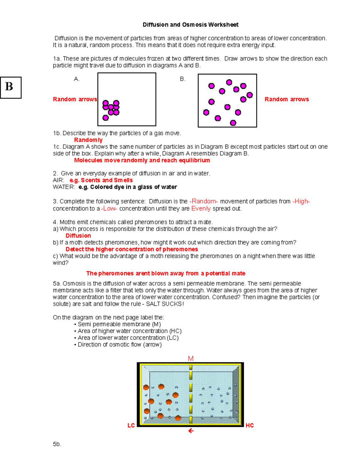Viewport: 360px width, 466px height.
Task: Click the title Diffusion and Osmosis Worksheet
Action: point(190,25)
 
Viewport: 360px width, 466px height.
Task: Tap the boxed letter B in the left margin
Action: point(10,87)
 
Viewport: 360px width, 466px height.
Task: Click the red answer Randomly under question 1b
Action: point(88,140)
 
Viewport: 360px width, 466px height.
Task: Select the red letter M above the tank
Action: point(191,359)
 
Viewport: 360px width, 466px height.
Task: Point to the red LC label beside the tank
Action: point(131,425)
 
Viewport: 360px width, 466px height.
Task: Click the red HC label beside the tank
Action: point(250,425)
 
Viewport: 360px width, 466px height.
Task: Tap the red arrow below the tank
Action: point(191,431)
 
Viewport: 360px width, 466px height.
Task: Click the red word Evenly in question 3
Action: point(201,209)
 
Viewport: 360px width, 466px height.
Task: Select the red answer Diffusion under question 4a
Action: point(78,236)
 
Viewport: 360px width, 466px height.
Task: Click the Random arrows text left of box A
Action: point(75,99)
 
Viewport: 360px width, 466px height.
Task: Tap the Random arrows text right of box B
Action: point(286,99)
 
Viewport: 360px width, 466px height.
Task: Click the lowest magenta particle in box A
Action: point(106,118)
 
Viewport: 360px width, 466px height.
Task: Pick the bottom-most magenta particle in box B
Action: point(233,123)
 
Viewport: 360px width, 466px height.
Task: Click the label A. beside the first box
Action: point(76,79)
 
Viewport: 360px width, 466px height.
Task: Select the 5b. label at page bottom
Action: point(57,444)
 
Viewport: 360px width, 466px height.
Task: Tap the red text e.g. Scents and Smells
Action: point(101,180)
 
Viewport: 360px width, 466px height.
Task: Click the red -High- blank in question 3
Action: point(301,201)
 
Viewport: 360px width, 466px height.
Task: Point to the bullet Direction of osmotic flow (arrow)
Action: point(119,344)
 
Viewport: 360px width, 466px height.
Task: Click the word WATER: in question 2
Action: point(64,187)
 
